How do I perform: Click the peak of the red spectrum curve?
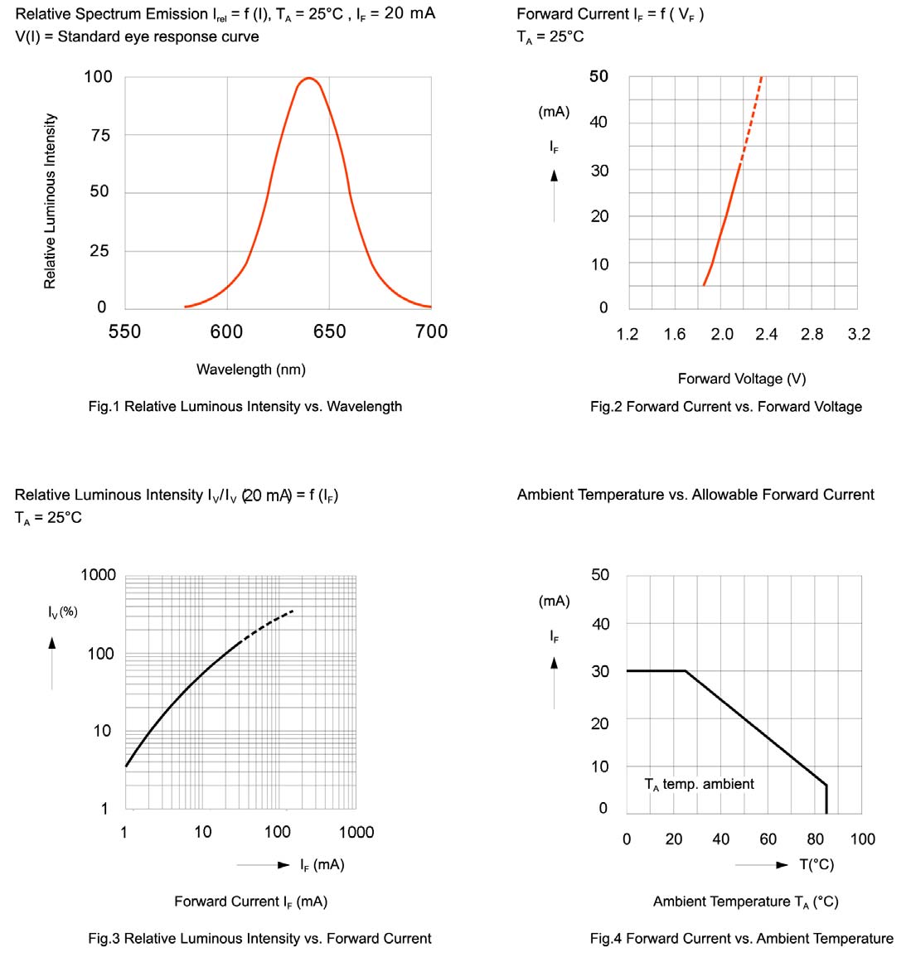click(x=308, y=79)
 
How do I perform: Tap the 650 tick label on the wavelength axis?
click(x=329, y=332)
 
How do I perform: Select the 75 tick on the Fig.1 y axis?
click(x=99, y=135)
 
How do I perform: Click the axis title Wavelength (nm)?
click(x=250, y=370)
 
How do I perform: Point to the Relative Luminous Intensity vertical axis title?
click(x=50, y=201)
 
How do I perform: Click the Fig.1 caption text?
click(x=245, y=407)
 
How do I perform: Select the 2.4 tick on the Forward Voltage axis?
click(x=767, y=335)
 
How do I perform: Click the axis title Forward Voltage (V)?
click(x=741, y=379)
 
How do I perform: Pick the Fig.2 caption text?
click(x=725, y=407)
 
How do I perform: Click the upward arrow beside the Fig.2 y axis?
click(x=555, y=176)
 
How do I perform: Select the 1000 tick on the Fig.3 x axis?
click(x=356, y=833)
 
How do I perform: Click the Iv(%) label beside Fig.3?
click(x=63, y=612)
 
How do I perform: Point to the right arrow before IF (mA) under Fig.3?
click(x=283, y=865)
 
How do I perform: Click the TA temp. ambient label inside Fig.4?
click(x=699, y=785)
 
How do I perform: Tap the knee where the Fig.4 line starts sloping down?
click(x=686, y=671)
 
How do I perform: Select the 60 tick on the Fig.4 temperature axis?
click(x=768, y=839)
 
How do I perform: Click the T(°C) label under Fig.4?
click(x=817, y=865)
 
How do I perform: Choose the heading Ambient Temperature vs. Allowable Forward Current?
click(x=695, y=495)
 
